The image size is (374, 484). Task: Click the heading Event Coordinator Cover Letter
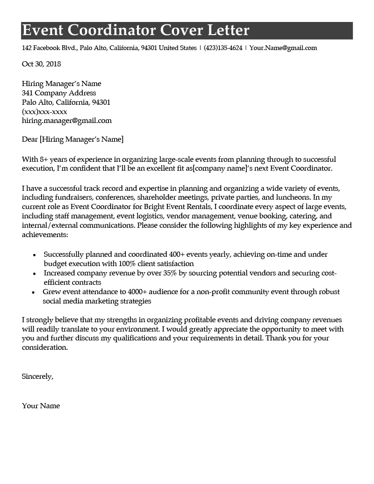[136, 30]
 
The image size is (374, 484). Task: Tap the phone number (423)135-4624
[223, 48]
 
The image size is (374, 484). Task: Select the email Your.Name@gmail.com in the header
[283, 48]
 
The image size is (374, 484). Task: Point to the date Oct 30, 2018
[42, 64]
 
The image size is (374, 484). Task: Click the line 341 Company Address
[59, 93]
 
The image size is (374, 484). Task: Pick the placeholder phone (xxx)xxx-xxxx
[44, 112]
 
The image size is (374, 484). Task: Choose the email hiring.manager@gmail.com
[67, 121]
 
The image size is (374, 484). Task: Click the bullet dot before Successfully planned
[35, 255]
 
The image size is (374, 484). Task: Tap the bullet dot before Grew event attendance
[34, 292]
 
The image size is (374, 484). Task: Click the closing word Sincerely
[37, 376]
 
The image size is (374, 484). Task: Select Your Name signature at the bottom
[41, 406]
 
